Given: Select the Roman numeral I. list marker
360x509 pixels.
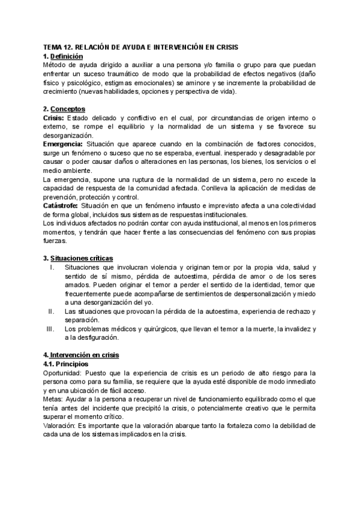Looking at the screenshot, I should [53, 268].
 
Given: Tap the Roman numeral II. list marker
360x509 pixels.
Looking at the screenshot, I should [51, 312].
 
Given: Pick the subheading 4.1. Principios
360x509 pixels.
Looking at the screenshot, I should [66, 364].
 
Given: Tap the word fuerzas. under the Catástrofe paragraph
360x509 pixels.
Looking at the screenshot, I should [56, 241].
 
